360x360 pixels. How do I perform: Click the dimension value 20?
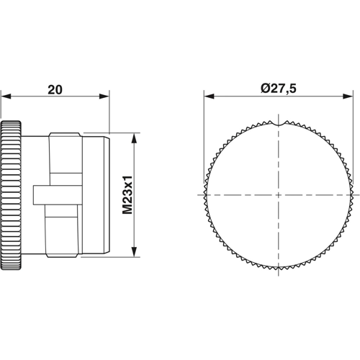[54, 90]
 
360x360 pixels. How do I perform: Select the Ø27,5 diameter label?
[277, 90]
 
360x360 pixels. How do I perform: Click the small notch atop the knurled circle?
[279, 123]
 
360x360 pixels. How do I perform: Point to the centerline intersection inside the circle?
[279, 194]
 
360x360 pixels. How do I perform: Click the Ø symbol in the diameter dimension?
[265, 90]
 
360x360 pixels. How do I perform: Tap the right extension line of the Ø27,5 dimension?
[353, 144]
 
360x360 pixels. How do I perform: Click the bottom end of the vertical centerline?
[279, 278]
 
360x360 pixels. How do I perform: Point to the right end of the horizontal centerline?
[358, 194]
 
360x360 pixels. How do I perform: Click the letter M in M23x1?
[128, 210]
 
